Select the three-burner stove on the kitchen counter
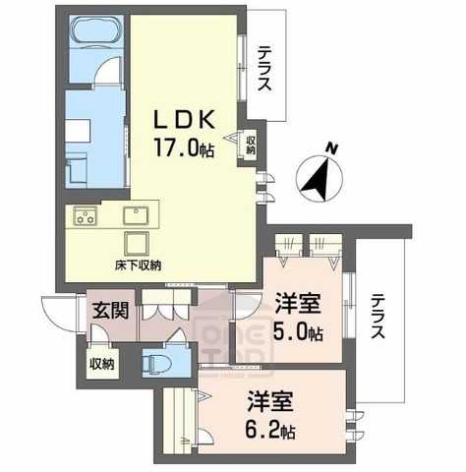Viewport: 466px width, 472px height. (84, 215)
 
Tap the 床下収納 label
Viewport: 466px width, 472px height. (136, 265)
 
